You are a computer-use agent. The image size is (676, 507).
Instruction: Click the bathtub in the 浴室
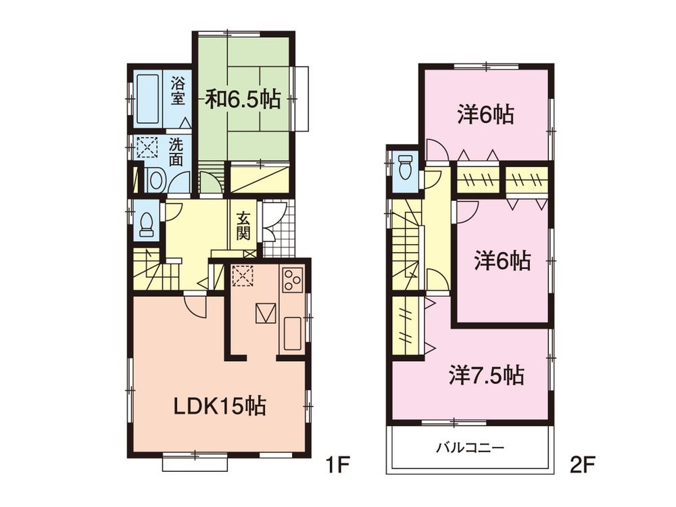[147, 99]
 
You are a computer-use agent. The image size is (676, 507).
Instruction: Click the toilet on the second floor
[406, 166]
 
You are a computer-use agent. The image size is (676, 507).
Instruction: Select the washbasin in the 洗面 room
[155, 180]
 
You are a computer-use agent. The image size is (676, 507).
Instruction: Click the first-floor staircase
[155, 270]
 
